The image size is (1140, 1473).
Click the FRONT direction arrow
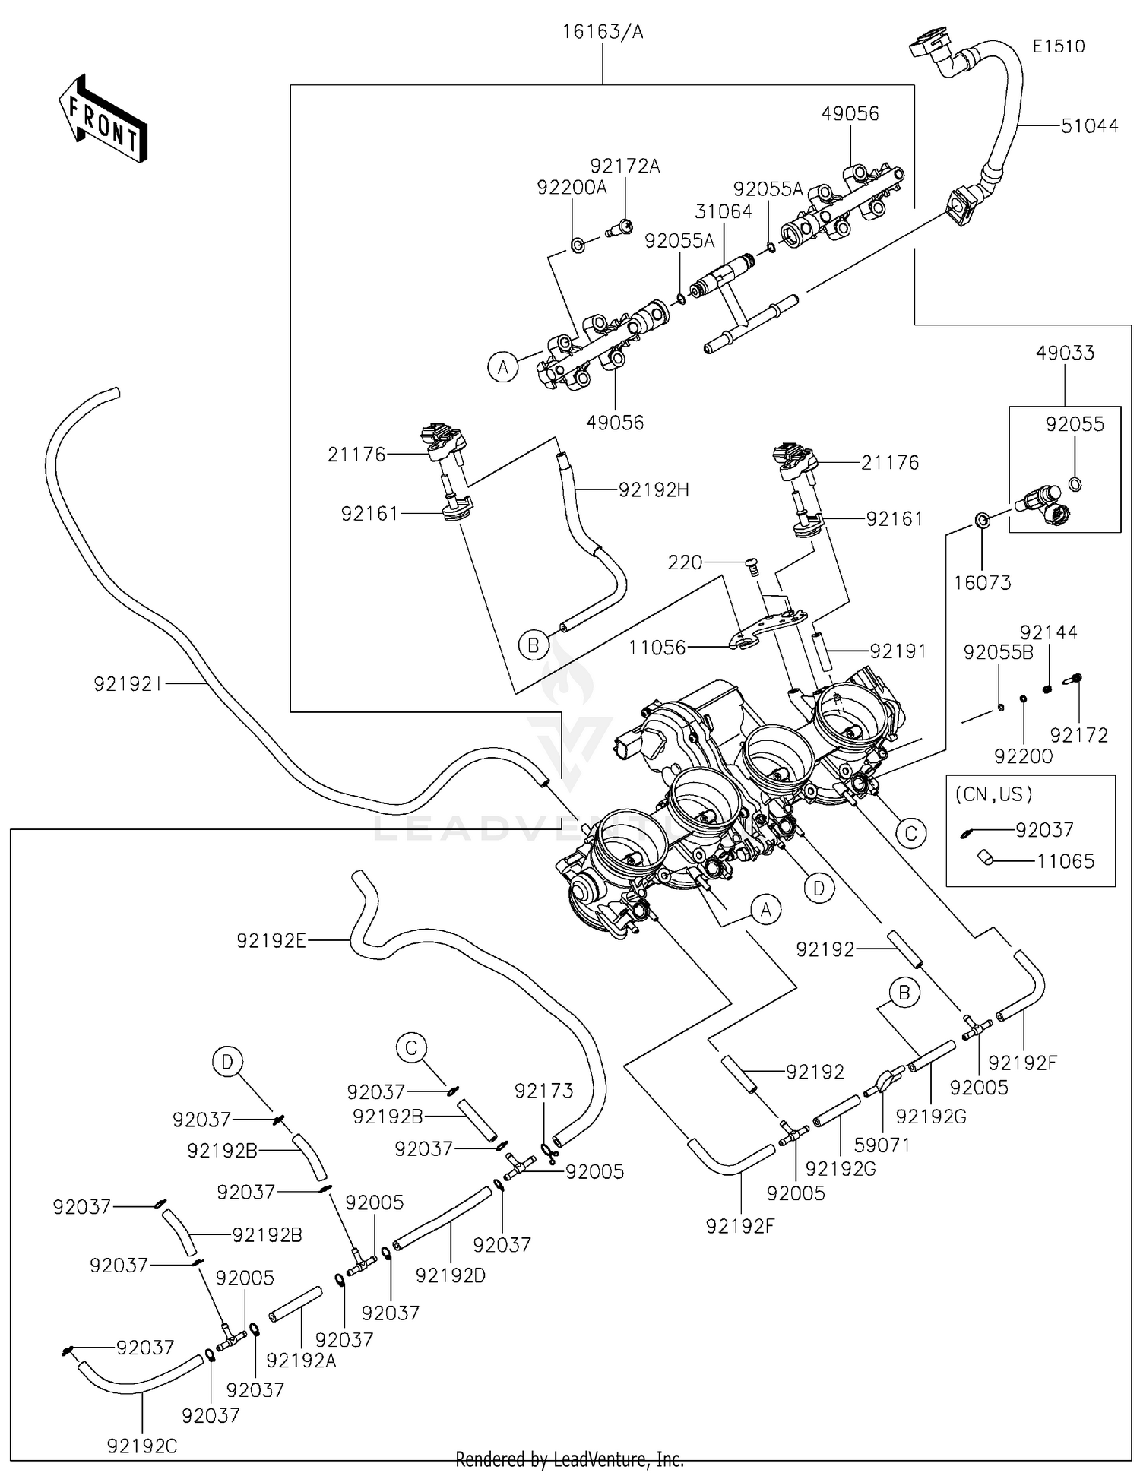103,119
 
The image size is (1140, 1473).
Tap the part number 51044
1089,125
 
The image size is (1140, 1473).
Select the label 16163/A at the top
602,32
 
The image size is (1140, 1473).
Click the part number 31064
723,211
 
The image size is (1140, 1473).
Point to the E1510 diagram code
1058,46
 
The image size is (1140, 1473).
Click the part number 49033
1065,353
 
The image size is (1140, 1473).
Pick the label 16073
982,583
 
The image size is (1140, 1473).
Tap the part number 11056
657,648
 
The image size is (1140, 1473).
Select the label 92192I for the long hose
128,684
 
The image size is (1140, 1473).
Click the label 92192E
271,941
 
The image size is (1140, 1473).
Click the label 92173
543,1091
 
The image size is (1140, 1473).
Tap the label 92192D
451,1276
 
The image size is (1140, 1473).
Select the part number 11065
1066,861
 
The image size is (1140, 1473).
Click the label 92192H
654,490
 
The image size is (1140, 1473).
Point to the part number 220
685,562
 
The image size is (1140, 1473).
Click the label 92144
1048,632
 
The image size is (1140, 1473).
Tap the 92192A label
302,1361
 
